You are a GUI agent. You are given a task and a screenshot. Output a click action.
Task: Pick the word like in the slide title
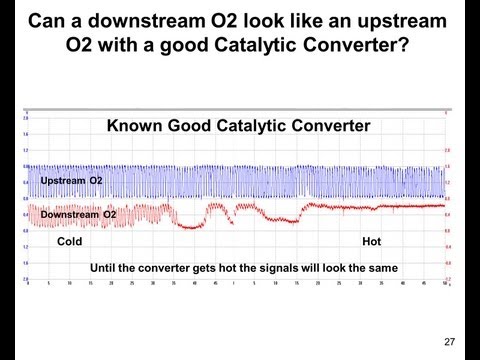click(x=316, y=19)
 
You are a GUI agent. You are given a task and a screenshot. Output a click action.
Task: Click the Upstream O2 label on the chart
click(x=71, y=180)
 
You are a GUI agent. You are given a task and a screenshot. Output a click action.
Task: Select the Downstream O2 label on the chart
click(x=78, y=214)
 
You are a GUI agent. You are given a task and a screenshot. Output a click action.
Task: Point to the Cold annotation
click(x=69, y=242)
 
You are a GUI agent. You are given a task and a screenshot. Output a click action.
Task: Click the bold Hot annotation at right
click(x=371, y=242)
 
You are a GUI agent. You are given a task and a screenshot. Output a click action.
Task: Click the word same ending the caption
click(x=385, y=268)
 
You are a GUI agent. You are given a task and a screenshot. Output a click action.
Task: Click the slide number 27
click(x=449, y=342)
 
